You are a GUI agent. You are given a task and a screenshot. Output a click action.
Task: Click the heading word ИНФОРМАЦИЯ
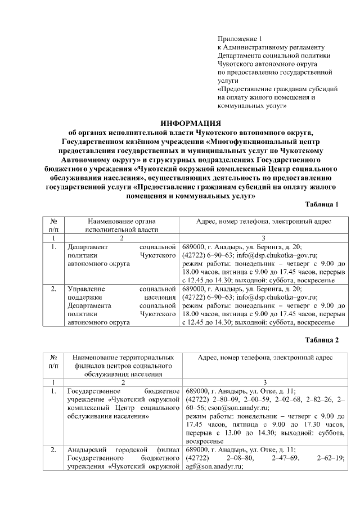pyautogui.click(x=191, y=123)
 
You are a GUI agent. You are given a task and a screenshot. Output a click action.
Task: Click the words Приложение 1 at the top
pyautogui.click(x=240, y=38)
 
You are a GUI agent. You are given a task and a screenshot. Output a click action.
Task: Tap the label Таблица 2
pyautogui.click(x=322, y=340)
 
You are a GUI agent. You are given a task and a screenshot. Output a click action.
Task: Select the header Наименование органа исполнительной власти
pyautogui.click(x=121, y=226)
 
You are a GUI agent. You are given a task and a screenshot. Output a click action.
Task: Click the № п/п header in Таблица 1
pyautogui.click(x=53, y=226)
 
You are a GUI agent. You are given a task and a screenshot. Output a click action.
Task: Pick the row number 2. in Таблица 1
pyautogui.click(x=53, y=289)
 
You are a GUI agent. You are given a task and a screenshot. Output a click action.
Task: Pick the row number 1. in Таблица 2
pyautogui.click(x=53, y=391)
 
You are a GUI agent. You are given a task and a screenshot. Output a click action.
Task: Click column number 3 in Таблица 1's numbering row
pyautogui.click(x=264, y=238)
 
